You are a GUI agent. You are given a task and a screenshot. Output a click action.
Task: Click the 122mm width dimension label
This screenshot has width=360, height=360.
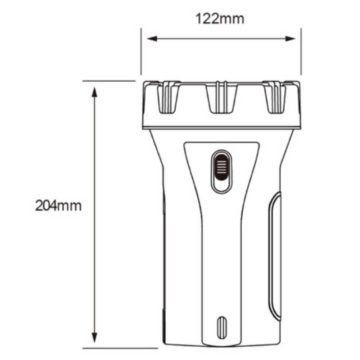click(x=220, y=19)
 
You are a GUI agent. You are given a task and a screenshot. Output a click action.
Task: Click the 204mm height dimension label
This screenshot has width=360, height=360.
click(x=58, y=206)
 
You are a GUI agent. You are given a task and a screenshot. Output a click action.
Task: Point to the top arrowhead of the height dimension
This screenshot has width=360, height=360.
click(x=95, y=92)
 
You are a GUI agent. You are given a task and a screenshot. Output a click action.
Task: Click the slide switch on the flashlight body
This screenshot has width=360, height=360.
click(x=221, y=171)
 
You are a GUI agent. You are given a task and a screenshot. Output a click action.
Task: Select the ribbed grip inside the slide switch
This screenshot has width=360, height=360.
click(x=221, y=167)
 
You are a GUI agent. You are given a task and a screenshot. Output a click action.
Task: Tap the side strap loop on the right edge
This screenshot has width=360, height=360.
click(x=275, y=256)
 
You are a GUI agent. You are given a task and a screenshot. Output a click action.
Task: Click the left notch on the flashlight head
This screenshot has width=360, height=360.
click(x=168, y=97)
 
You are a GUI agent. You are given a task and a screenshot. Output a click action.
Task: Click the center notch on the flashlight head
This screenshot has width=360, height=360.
click(x=221, y=97)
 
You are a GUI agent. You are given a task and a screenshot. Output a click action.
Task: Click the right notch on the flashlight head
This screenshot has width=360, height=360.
click(x=275, y=97)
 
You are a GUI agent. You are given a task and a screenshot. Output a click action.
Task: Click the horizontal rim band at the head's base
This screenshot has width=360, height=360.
click(x=221, y=127)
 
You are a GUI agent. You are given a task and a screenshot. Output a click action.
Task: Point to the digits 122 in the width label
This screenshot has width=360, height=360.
click(x=208, y=19)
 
